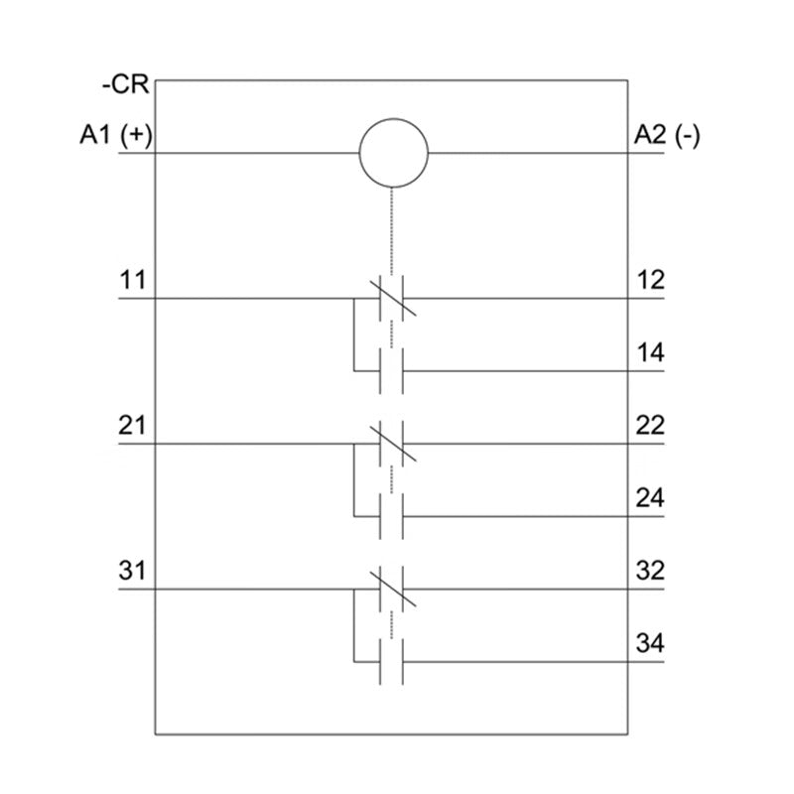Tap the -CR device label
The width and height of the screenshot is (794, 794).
pyautogui.click(x=126, y=84)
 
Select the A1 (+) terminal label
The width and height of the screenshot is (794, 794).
pyautogui.click(x=116, y=135)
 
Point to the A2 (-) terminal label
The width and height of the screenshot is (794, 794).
pyautogui.click(x=667, y=135)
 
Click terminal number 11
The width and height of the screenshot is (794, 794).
pyautogui.click(x=132, y=280)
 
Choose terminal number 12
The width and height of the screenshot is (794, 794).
pyautogui.click(x=650, y=280)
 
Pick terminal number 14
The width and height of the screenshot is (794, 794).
pyautogui.click(x=650, y=352)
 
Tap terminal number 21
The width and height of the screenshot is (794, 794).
pyautogui.click(x=132, y=425)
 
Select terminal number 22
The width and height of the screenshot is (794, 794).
pyautogui.click(x=650, y=425)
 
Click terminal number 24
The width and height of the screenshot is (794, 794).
pyautogui.click(x=650, y=498)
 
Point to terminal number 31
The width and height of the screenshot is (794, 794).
pyautogui.click(x=132, y=570)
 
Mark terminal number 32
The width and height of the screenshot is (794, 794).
pyautogui.click(x=650, y=570)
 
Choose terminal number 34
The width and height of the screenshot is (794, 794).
pyautogui.click(x=650, y=643)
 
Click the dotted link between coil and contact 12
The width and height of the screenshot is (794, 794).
pyautogui.click(x=391, y=231)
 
